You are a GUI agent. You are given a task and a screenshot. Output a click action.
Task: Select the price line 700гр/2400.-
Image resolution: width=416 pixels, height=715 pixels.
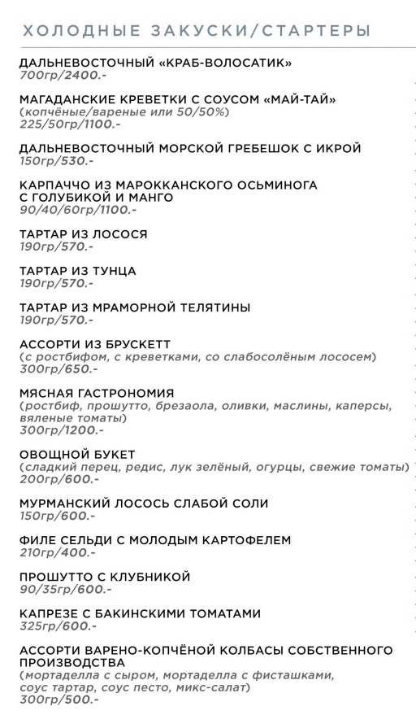pos(62,75)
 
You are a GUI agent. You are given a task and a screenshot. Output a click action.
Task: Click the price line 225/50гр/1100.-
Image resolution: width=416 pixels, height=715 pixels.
pos(70,124)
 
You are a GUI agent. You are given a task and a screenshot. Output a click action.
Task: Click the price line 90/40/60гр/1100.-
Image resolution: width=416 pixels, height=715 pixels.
pos(78,210)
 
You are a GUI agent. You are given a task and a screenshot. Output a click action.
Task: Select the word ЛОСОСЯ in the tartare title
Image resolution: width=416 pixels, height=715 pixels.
pos(122,234)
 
